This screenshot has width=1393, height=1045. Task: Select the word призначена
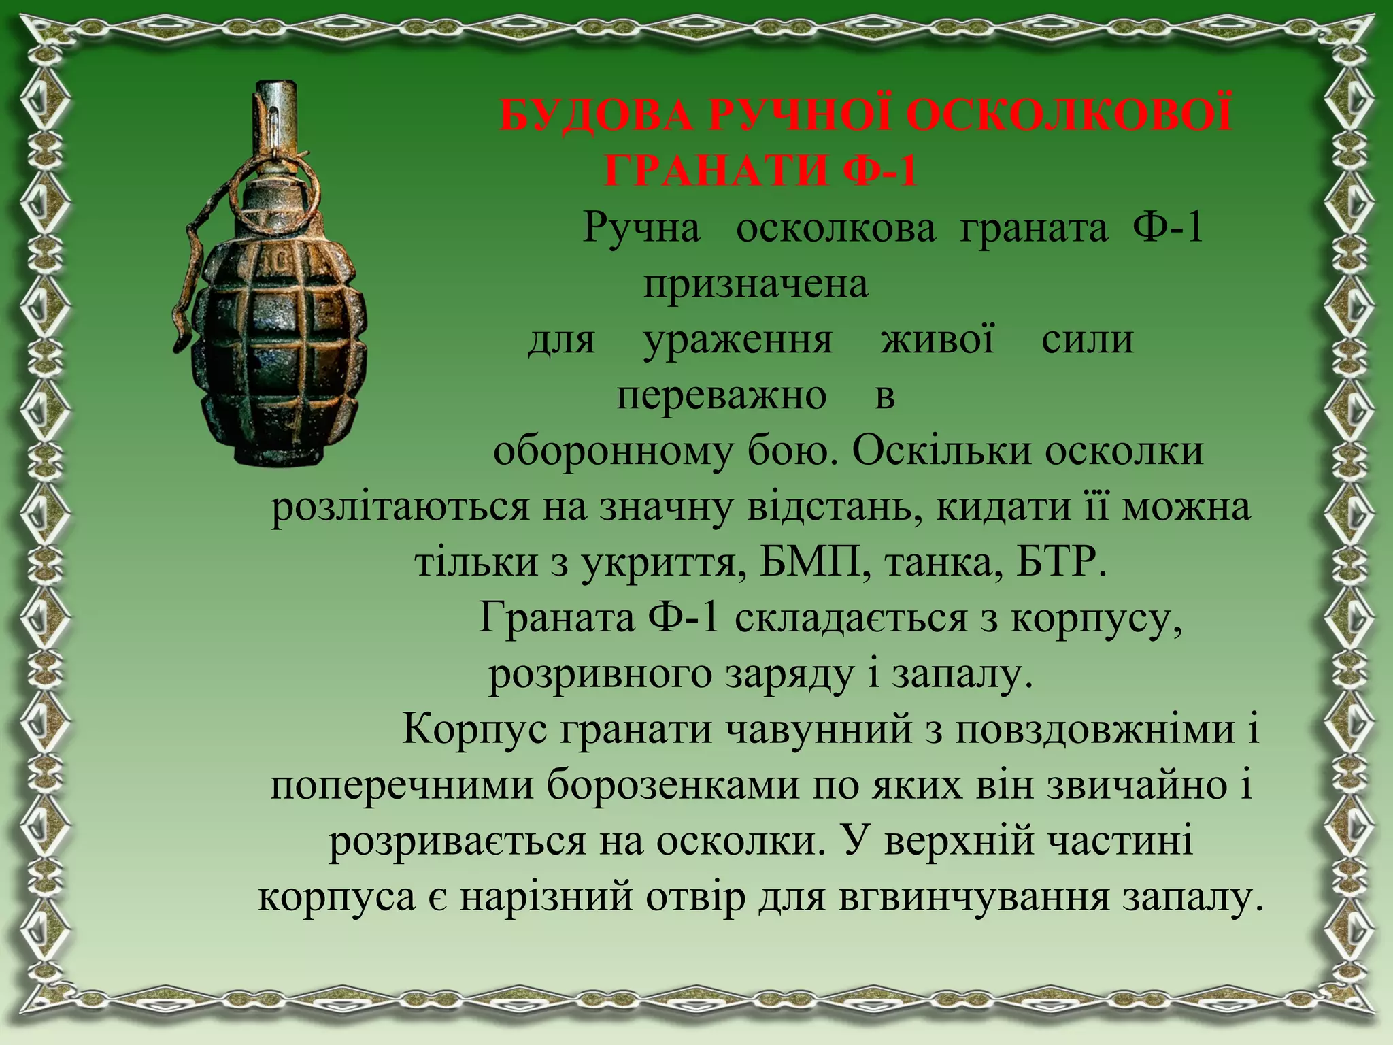coord(756,284)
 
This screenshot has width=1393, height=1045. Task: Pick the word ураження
coord(738,340)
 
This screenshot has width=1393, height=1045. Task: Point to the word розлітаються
coord(400,508)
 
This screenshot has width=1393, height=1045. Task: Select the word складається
coord(851,619)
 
